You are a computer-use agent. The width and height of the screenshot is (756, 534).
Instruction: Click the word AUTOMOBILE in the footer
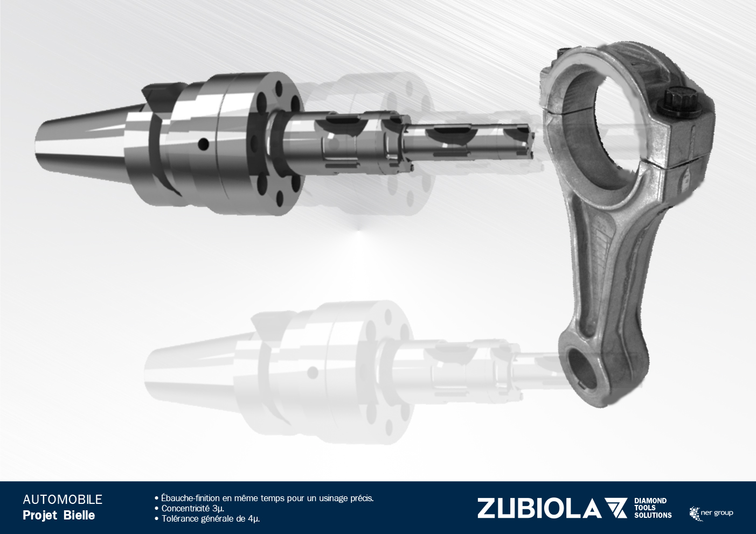(x=63, y=500)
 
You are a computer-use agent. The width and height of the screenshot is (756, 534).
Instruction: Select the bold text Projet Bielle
(x=59, y=516)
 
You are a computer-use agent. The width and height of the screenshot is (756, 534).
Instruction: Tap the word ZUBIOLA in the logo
(x=539, y=508)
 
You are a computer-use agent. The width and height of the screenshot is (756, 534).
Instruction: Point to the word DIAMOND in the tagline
(x=650, y=501)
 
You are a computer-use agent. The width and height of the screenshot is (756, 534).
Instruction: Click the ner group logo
(x=711, y=514)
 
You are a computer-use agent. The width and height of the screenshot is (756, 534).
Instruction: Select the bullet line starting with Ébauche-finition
(x=264, y=498)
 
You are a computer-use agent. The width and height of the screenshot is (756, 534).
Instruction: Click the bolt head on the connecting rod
(x=679, y=101)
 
